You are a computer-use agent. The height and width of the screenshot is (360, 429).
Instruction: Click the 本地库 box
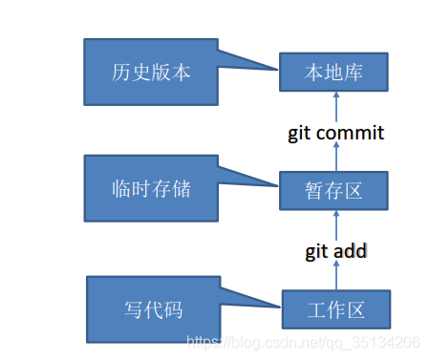tap(333, 73)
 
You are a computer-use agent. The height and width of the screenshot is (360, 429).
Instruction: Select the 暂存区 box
tap(334, 190)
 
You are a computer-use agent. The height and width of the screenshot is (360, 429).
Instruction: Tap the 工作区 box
tap(336, 310)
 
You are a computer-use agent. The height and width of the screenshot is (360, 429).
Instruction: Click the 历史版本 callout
tap(151, 73)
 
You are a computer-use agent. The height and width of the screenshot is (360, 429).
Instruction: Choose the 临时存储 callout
tap(151, 188)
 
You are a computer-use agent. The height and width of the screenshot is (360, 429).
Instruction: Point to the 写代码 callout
tap(153, 309)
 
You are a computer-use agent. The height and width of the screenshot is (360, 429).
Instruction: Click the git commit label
tap(335, 133)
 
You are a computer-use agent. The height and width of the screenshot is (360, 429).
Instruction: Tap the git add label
tap(335, 251)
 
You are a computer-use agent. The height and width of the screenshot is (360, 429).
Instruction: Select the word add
tap(351, 251)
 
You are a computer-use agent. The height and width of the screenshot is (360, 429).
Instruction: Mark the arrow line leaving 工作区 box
tap(335, 277)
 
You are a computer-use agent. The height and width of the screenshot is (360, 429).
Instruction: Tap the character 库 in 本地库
tap(355, 73)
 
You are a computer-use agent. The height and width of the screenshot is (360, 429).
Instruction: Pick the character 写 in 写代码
tap(132, 309)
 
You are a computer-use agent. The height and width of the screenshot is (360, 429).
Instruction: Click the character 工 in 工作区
tap(313, 310)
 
